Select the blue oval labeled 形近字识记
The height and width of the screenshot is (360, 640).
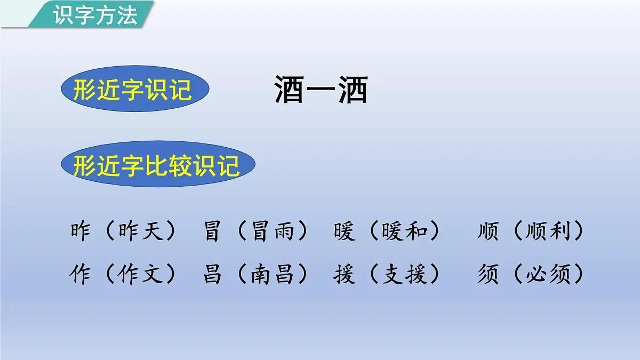click(133, 89)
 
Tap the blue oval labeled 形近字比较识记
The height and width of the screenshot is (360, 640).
click(157, 164)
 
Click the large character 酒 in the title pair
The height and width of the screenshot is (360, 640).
click(290, 89)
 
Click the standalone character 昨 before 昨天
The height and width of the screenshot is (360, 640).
click(80, 231)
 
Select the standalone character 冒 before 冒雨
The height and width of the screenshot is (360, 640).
click(212, 231)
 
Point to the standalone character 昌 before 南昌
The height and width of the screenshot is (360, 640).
click(212, 275)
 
